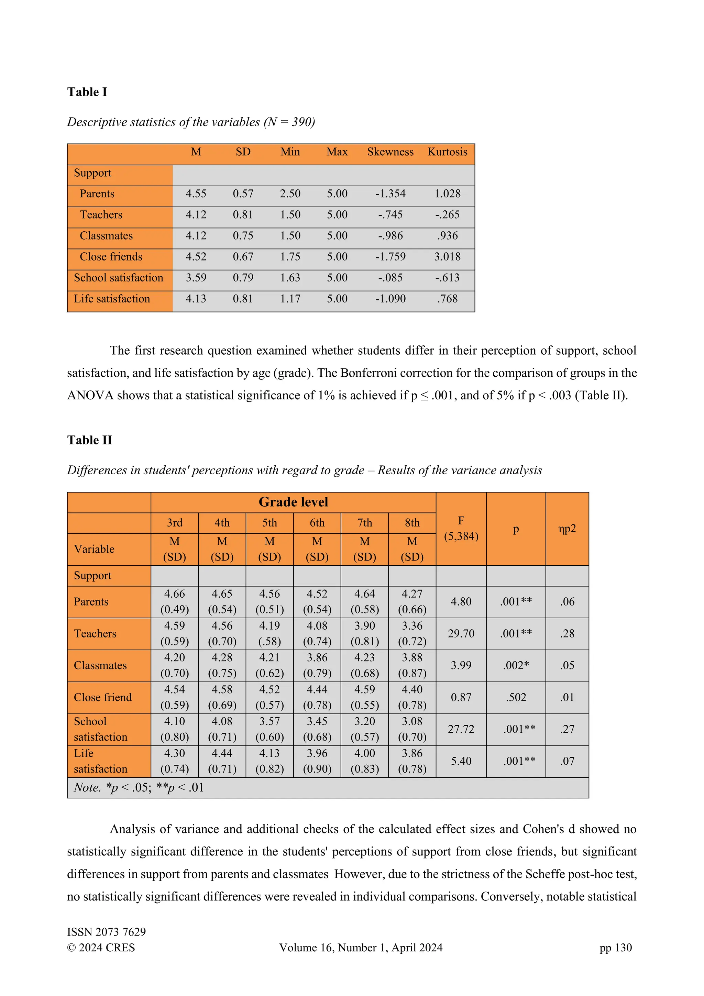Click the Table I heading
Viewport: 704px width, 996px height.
tap(87, 92)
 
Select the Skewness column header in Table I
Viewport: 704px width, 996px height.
tap(390, 152)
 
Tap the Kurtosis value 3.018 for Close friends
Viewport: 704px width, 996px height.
tap(447, 257)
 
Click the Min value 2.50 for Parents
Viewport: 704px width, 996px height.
tap(290, 194)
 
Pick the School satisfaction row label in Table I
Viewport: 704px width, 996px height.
tap(118, 278)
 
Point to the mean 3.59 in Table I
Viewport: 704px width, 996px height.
tap(196, 278)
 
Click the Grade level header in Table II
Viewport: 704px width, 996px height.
tap(293, 502)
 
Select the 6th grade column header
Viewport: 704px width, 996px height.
tap(317, 523)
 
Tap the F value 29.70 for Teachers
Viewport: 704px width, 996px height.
tap(461, 633)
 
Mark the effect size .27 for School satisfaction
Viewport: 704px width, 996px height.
tap(567, 729)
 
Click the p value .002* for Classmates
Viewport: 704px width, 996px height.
tap(515, 665)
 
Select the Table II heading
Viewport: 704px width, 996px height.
tap(89, 440)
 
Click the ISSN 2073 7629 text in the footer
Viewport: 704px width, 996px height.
tap(106, 932)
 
